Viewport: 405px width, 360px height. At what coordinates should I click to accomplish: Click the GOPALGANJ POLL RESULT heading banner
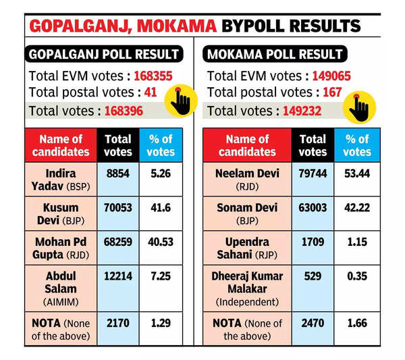(x=103, y=54)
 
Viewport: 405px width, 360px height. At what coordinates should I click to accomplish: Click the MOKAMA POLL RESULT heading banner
(x=275, y=54)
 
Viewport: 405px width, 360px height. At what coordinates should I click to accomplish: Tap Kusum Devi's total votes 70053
(x=118, y=207)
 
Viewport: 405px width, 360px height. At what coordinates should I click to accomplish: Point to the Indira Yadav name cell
(x=61, y=178)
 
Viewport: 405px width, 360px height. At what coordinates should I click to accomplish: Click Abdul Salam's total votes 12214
(x=118, y=277)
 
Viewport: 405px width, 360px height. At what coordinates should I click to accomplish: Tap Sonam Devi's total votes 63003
(x=313, y=207)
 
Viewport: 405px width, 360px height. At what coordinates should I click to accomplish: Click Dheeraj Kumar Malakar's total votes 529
(x=313, y=277)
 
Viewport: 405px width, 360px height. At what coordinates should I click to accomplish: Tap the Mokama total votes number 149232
(x=298, y=110)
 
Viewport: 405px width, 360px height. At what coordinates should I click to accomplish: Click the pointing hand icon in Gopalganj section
(x=180, y=101)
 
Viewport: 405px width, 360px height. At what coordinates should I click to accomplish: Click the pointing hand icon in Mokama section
(x=358, y=107)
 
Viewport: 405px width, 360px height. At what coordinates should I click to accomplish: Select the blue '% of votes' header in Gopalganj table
(x=161, y=145)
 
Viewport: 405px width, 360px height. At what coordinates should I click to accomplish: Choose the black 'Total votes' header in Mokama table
(x=313, y=145)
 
